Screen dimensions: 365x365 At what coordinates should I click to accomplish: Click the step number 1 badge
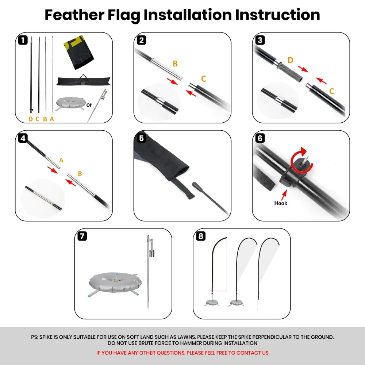click(x=23, y=40)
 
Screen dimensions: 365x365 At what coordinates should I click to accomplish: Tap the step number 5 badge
click(x=142, y=138)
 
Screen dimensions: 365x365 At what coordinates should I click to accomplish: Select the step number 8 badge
click(x=201, y=236)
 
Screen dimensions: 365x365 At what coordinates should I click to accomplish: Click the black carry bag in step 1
click(x=84, y=81)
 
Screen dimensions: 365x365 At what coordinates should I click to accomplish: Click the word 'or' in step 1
click(x=89, y=105)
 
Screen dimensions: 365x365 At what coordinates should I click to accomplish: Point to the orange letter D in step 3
click(x=290, y=60)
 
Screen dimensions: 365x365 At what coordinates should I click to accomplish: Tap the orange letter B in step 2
click(x=175, y=64)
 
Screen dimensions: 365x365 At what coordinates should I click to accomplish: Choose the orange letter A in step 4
click(x=61, y=160)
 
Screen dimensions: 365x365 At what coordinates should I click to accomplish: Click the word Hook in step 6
click(x=280, y=203)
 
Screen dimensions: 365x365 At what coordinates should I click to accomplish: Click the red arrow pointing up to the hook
click(x=284, y=195)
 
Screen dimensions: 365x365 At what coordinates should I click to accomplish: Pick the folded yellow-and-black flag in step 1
click(x=78, y=52)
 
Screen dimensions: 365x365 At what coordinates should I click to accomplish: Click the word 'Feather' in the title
click(x=74, y=15)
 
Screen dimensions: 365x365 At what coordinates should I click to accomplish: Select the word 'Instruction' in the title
click(x=277, y=15)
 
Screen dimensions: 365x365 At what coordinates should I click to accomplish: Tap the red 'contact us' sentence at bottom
click(x=182, y=353)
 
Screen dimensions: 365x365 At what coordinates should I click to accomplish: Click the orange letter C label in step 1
click(x=37, y=119)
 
